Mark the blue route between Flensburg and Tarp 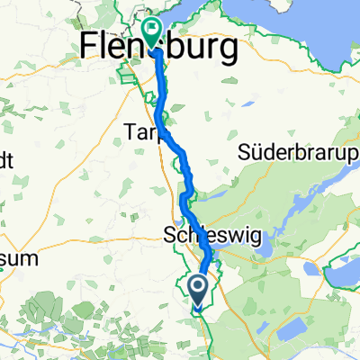coord(163,90)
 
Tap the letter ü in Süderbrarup coord(258,153)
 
